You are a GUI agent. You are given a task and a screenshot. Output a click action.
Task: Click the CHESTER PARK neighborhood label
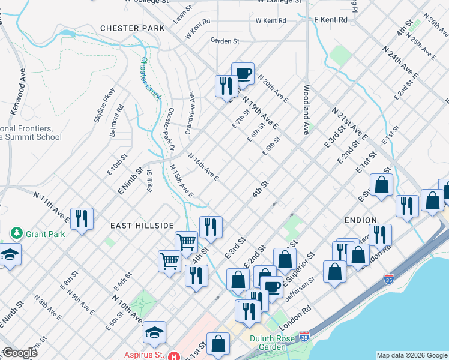point(132,28)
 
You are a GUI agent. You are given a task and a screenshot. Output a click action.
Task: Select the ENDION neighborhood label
point(361,220)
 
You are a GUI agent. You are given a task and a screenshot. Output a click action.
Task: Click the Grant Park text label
point(45,233)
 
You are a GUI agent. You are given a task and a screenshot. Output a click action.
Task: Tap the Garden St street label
point(224,41)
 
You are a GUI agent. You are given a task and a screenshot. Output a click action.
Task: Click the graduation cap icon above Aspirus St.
point(154,332)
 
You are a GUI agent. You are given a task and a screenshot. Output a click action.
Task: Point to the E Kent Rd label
point(331,20)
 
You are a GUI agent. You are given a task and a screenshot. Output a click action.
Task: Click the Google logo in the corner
point(19,353)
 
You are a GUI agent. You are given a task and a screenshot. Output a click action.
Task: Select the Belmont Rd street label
point(116,121)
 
